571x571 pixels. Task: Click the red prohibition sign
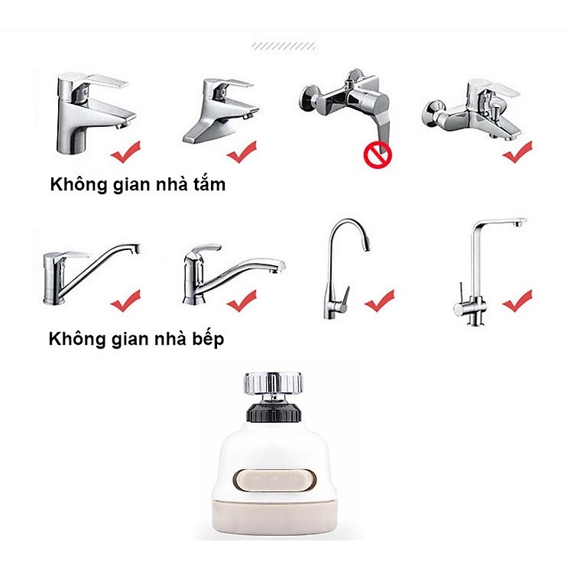378,155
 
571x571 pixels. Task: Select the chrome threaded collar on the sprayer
273,384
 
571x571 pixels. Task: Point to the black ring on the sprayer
274,411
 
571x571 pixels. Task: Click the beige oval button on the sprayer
274,479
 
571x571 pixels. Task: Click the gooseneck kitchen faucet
346,269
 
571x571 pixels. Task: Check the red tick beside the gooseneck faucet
379,301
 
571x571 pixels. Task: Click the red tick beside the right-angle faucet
517,301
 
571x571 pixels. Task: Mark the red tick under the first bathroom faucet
125,152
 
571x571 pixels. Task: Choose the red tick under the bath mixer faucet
517,152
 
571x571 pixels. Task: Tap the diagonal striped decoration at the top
284,46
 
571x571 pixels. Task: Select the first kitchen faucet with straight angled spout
92,274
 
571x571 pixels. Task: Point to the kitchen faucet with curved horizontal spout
234,274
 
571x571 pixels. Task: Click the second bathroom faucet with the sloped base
219,111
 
